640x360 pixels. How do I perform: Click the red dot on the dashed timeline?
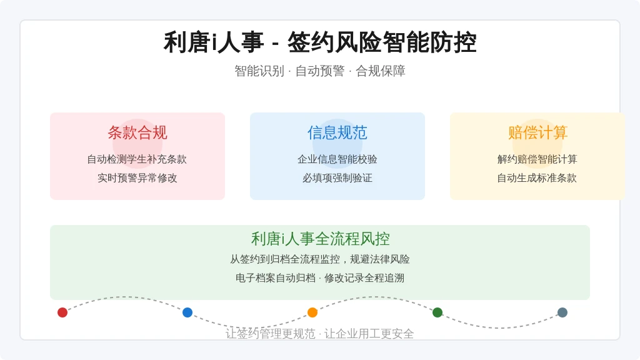(62, 312)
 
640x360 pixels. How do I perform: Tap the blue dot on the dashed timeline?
(187, 312)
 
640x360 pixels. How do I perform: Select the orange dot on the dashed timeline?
(312, 312)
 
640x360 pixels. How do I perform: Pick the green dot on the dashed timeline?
(437, 312)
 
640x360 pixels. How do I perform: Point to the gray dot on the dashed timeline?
(562, 312)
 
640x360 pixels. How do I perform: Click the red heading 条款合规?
(137, 132)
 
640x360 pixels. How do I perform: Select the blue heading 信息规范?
(337, 132)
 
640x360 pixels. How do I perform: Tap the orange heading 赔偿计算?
(537, 132)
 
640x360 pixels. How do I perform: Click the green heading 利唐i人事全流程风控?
(321, 239)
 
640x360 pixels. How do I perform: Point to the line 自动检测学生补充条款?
(137, 159)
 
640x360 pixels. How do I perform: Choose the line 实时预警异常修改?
(137, 178)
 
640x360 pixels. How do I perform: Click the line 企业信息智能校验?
(337, 159)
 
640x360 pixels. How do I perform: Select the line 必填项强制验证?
(337, 178)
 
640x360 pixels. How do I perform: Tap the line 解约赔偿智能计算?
(537, 159)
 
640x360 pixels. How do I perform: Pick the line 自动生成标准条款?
(537, 178)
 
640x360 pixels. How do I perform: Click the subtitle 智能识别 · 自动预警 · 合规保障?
(320, 71)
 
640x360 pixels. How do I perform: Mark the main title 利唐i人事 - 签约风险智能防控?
(320, 42)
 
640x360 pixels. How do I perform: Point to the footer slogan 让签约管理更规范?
(271, 334)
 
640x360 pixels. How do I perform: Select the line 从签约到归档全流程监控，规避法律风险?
(320, 259)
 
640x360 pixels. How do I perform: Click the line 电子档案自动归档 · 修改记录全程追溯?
(320, 278)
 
